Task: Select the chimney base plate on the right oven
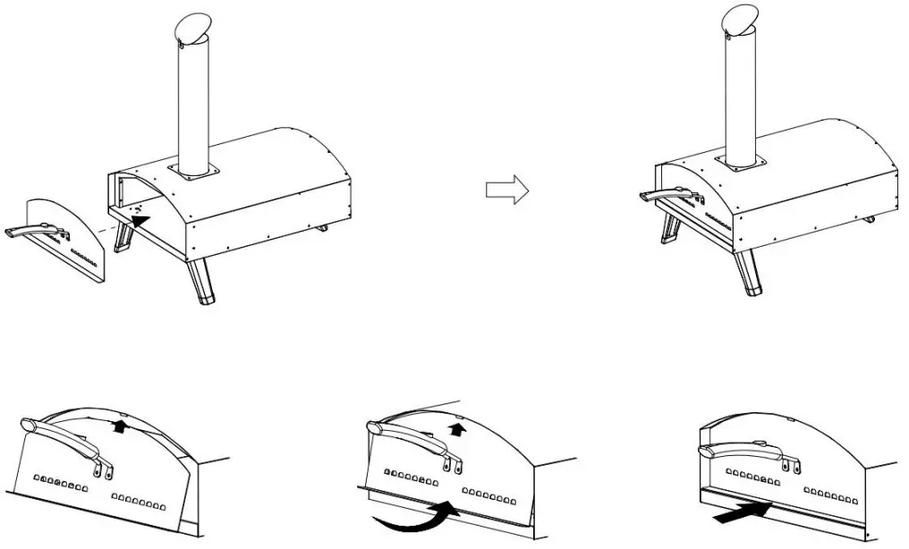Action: [740, 162]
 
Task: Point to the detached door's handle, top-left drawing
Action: [32, 232]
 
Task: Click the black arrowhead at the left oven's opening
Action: [139, 215]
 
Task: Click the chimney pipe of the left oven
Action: [195, 107]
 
